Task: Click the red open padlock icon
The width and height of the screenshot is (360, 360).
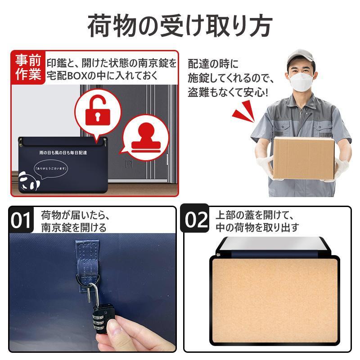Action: point(98,112)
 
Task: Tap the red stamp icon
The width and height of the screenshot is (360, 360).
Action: point(146,138)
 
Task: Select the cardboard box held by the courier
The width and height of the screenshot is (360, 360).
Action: point(304,158)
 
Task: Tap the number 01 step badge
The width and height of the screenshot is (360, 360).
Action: point(21,220)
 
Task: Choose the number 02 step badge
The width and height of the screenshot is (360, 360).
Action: point(195,219)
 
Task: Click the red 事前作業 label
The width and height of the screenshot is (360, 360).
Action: point(28,67)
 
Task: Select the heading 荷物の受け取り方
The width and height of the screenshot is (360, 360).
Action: point(180,25)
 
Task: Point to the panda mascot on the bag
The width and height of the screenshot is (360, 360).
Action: point(28,181)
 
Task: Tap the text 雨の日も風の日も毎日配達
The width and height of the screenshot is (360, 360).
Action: point(63,153)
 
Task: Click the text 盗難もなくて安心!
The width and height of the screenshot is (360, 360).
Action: point(228,93)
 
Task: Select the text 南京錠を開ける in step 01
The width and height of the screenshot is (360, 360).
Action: point(74,228)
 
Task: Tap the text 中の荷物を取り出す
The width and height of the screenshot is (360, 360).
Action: point(257,227)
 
